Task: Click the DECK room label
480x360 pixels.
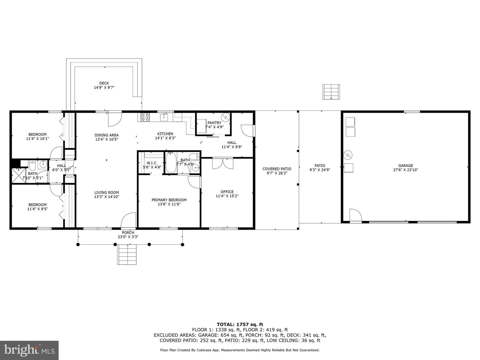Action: (104, 83)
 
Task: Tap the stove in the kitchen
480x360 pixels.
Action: (145, 117)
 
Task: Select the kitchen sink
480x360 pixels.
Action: (164, 117)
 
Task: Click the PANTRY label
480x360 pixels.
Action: (214, 123)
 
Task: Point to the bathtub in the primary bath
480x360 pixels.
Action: (171, 163)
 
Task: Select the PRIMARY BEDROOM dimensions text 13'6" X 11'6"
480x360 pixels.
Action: (169, 204)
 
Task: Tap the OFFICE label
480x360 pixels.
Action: (227, 192)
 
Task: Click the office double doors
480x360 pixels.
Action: (223, 163)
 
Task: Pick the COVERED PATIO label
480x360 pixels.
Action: (277, 169)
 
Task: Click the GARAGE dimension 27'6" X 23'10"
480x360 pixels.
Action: (406, 170)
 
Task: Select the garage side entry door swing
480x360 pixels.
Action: (355, 215)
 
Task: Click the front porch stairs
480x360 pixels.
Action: (127, 254)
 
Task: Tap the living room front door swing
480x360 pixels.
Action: (129, 220)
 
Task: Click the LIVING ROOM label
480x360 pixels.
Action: (106, 192)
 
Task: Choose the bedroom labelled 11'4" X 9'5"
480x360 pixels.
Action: (37, 207)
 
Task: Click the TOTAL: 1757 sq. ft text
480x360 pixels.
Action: (240, 324)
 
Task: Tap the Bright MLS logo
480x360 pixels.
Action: (29, 350)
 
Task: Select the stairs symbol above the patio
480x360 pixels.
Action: (331, 92)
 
